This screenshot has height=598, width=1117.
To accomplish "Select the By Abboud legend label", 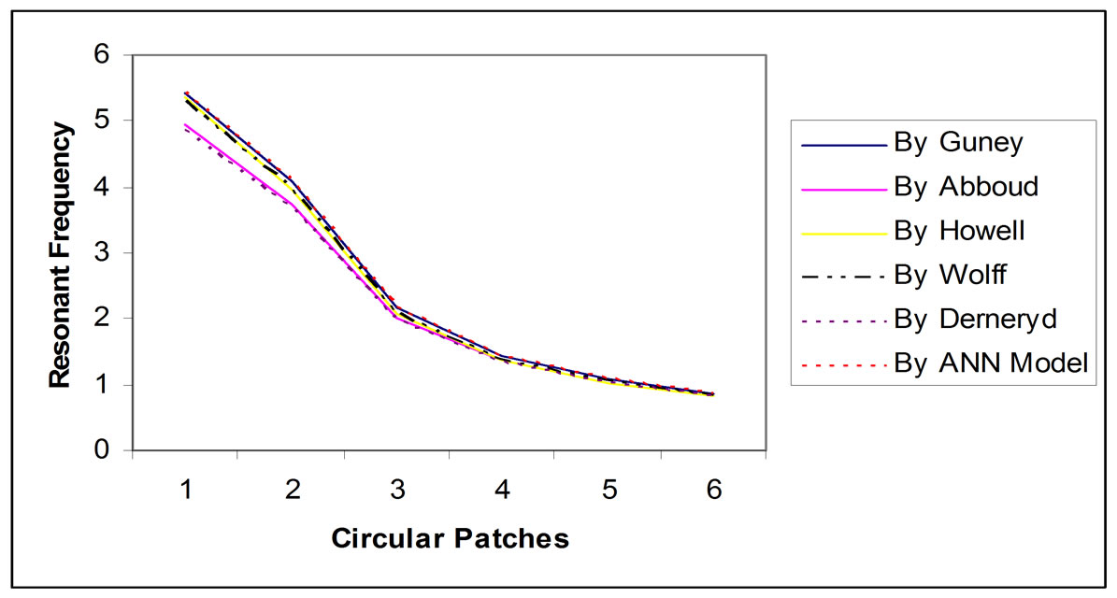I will click(x=967, y=187).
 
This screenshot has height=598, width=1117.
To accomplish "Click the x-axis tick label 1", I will click(x=187, y=490).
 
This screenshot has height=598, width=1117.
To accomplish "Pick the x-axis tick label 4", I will click(x=502, y=490).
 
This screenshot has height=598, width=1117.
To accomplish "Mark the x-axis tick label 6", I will click(x=713, y=490).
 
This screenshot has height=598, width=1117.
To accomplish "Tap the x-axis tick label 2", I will click(x=293, y=490).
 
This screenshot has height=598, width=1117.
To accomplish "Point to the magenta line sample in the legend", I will click(x=842, y=188).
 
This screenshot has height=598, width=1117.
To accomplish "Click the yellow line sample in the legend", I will click(x=842, y=231).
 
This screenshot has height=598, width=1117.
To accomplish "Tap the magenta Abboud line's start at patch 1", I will click(x=187, y=125).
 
